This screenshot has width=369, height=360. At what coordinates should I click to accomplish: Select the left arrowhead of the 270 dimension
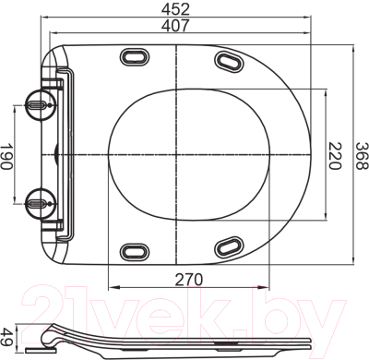tap(111, 286)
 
